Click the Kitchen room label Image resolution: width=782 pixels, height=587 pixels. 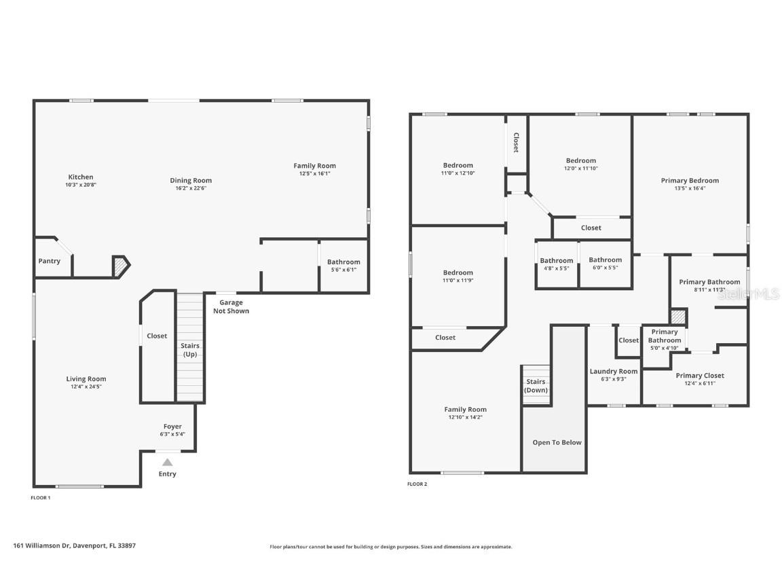(x=80, y=177)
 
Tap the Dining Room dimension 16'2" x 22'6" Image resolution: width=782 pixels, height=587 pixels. (x=191, y=188)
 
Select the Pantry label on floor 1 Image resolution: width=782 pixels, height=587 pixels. (x=49, y=261)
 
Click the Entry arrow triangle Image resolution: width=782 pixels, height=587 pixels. (x=167, y=462)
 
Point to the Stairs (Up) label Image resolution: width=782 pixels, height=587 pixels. (x=190, y=350)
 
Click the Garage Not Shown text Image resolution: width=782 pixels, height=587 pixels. (x=231, y=307)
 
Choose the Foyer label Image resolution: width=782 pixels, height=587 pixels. (x=172, y=427)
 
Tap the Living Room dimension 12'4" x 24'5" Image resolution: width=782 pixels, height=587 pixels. (x=86, y=387)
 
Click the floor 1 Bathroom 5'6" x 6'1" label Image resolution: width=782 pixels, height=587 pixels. (x=343, y=262)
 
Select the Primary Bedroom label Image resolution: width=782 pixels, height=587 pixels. (x=690, y=181)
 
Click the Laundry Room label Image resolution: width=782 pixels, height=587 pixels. (x=613, y=372)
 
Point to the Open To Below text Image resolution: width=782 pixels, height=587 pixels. (x=557, y=442)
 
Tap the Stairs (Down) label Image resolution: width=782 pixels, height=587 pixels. (x=536, y=386)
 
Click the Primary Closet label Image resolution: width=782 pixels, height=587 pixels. (x=699, y=376)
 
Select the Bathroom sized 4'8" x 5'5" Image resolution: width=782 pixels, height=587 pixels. (x=556, y=261)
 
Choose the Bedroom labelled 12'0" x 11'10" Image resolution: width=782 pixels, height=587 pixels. (x=580, y=161)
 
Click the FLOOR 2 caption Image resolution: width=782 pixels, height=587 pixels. (x=417, y=484)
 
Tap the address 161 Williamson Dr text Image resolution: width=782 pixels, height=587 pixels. (x=74, y=546)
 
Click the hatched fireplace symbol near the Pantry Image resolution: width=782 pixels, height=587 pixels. (x=120, y=266)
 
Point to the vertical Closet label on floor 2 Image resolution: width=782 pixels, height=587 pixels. (x=516, y=143)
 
